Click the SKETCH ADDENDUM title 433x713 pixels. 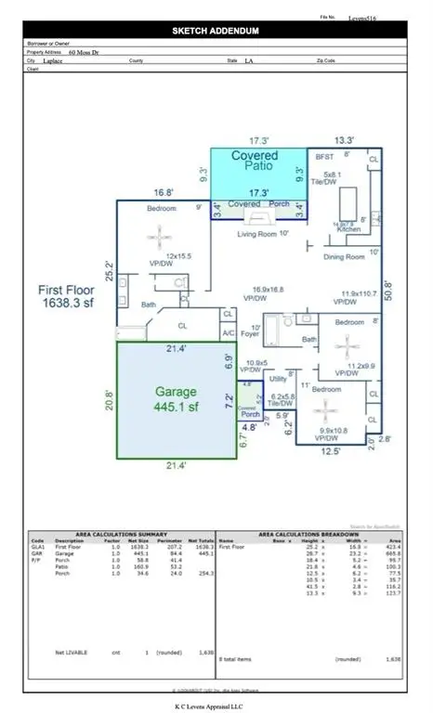[216, 31]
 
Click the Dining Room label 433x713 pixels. [345, 256]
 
